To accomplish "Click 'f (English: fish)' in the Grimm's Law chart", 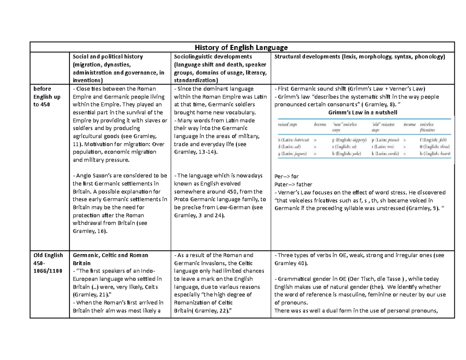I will [433, 139].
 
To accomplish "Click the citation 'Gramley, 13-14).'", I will [196, 152].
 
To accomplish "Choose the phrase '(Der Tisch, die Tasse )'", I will [383, 279].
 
